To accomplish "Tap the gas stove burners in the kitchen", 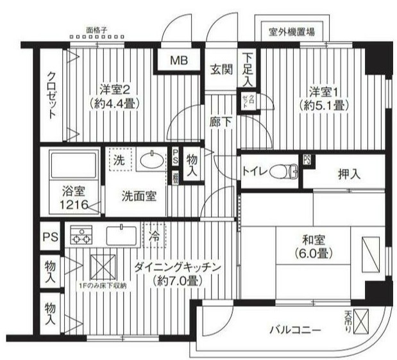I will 81,237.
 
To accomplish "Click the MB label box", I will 178,61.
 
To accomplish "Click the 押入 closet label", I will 349,174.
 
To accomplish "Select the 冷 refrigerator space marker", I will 154,235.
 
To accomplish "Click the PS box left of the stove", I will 50,237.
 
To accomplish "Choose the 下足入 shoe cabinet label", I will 247,69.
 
